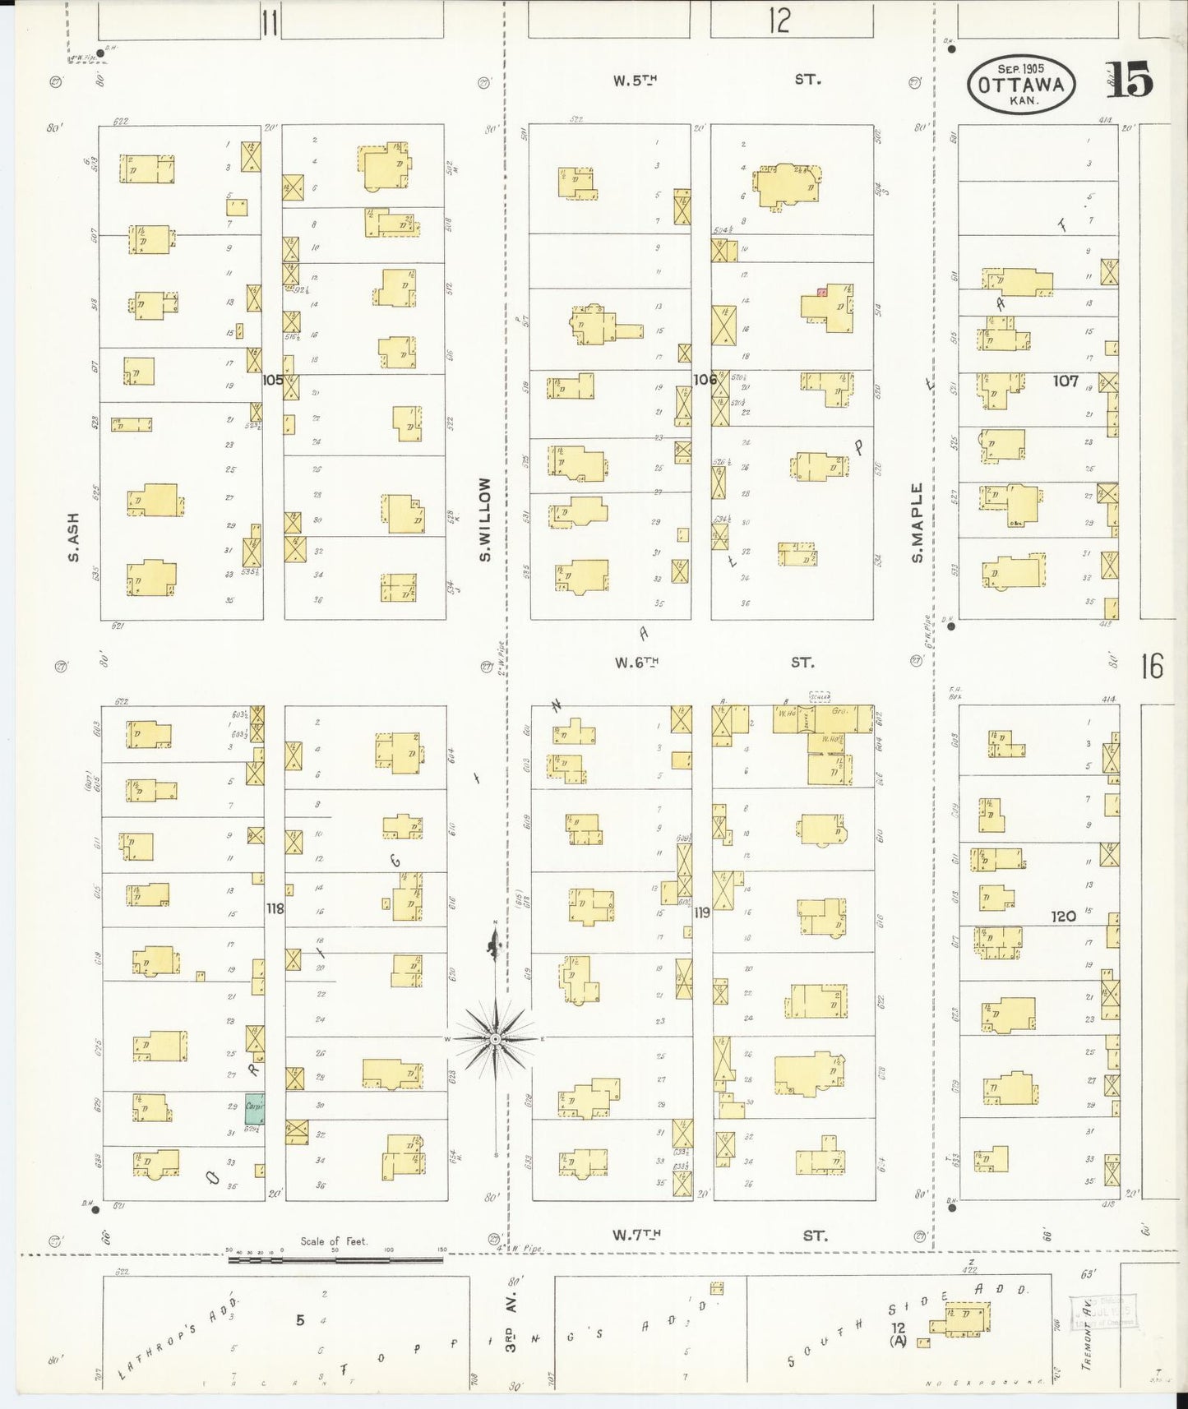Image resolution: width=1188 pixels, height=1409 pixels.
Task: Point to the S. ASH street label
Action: point(74,538)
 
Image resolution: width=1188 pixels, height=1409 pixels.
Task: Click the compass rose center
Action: point(496,1039)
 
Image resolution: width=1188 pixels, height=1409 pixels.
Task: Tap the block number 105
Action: point(273,381)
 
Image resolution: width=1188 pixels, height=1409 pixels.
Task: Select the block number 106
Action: point(705,380)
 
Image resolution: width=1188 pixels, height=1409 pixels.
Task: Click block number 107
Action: point(1065,381)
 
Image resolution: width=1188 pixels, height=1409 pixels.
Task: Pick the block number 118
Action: point(275,908)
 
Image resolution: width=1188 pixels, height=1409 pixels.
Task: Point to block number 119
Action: point(701,912)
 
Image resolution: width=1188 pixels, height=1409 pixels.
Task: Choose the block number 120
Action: point(1063,916)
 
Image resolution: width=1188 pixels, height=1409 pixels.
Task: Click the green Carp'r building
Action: point(254,1107)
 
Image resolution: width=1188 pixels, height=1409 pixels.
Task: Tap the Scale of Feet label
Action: point(334,1241)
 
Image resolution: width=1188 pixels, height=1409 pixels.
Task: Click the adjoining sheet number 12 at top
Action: point(779,21)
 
